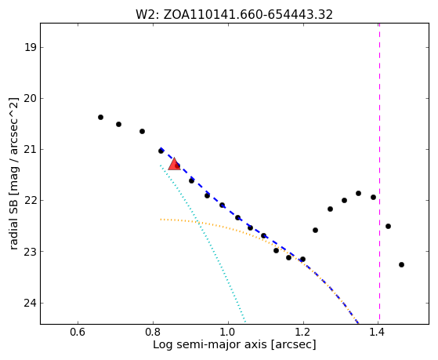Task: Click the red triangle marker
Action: pyautogui.click(x=174, y=165)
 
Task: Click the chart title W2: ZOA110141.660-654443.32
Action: pyautogui.click(x=234, y=15)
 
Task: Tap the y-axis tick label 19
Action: pyautogui.click(x=31, y=47)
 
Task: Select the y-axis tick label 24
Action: pyautogui.click(x=31, y=303)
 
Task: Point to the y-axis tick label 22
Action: pyautogui.click(x=31, y=200)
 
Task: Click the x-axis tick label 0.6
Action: pyautogui.click(x=78, y=333)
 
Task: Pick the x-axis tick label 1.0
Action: pyautogui.click(x=228, y=333)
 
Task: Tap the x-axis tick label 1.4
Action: pyautogui.click(x=378, y=333)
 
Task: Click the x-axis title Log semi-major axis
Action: pyautogui.click(x=209, y=344)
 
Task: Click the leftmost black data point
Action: pyautogui.click(x=100, y=117)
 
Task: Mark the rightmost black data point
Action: pyautogui.click(x=401, y=264)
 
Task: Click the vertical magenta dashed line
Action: pyautogui.click(x=379, y=173)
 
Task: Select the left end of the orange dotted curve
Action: pyautogui.click(x=161, y=220)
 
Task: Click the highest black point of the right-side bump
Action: pyautogui.click(x=358, y=193)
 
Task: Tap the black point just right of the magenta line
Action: pyautogui.click(x=388, y=227)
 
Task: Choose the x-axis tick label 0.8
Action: pyautogui.click(x=153, y=333)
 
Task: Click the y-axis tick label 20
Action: pyautogui.click(x=31, y=98)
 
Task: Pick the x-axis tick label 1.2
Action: pyautogui.click(x=303, y=333)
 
